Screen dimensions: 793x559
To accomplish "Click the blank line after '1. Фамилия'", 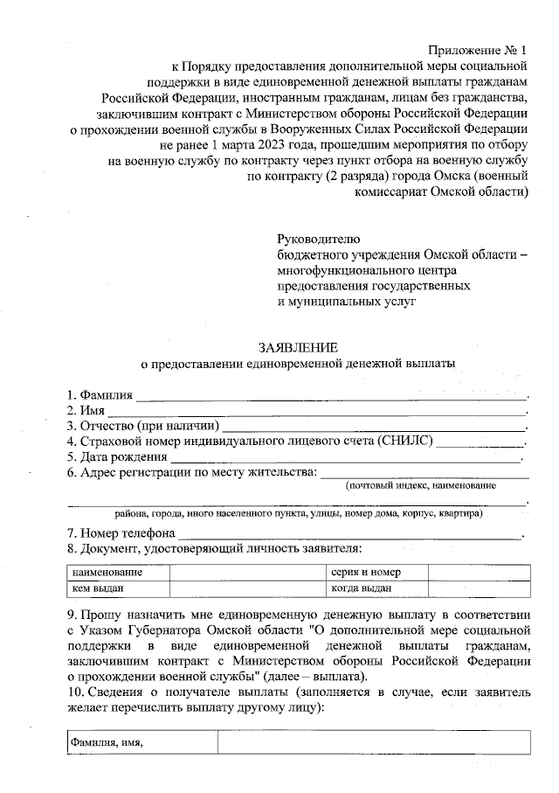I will click(332, 395).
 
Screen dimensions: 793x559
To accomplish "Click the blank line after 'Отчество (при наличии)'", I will click(375, 426).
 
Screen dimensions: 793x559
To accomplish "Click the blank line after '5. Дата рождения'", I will click(346, 456).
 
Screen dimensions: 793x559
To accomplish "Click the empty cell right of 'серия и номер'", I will click(479, 573).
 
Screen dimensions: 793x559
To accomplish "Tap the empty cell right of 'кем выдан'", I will click(248, 588).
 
